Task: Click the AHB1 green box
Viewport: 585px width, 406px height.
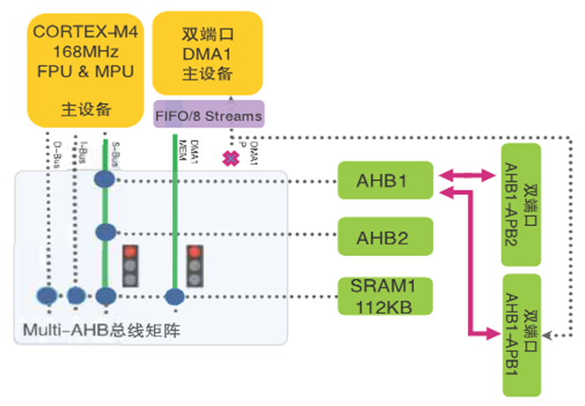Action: point(384,183)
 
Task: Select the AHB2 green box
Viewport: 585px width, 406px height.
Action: point(384,237)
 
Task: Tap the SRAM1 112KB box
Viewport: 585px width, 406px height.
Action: point(384,296)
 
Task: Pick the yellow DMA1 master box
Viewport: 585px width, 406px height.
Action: point(207,52)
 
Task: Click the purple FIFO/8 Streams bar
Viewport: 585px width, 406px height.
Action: point(208,116)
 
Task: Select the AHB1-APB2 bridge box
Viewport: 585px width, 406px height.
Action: point(522,204)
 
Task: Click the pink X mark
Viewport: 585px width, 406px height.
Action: point(232,159)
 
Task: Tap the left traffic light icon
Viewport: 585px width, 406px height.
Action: point(132,266)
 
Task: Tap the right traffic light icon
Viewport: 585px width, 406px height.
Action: point(196,266)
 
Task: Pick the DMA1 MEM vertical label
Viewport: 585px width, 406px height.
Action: point(186,147)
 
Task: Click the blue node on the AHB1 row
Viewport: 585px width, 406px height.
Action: point(105,179)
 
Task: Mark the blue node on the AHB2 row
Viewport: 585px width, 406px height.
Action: point(105,234)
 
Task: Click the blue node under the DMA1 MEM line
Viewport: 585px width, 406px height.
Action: point(174,296)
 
